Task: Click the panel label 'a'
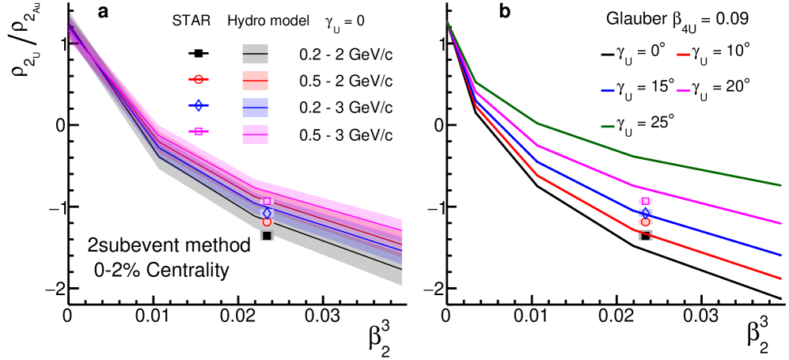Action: click(x=103, y=13)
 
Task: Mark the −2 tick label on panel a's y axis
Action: click(x=53, y=290)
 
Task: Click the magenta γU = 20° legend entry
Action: click(x=719, y=88)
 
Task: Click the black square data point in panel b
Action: click(x=645, y=236)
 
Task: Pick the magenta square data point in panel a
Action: click(x=267, y=201)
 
